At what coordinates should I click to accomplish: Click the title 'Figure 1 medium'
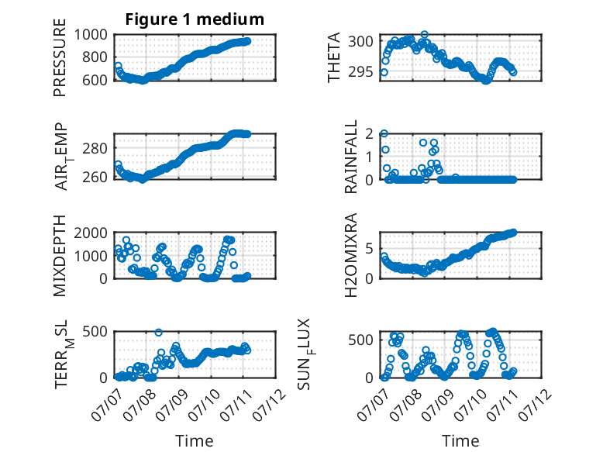pyautogui.click(x=195, y=19)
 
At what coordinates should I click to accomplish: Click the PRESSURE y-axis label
pyautogui.click(x=60, y=57)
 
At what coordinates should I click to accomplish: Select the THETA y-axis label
pyautogui.click(x=334, y=57)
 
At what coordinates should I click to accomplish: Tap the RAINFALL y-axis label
pyautogui.click(x=351, y=157)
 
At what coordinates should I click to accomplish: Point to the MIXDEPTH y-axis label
pyautogui.click(x=60, y=255)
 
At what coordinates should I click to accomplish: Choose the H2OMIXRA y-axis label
pyautogui.click(x=351, y=255)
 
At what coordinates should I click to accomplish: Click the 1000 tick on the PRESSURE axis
pyautogui.click(x=91, y=35)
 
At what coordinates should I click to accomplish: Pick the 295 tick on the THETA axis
pyautogui.click(x=360, y=71)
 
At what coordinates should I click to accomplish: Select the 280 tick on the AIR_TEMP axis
pyautogui.click(x=95, y=148)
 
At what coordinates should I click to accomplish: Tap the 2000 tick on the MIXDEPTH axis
pyautogui.click(x=91, y=233)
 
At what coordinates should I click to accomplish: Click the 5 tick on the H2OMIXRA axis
pyautogui.click(x=369, y=249)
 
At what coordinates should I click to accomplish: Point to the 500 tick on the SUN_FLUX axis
pyautogui.click(x=360, y=340)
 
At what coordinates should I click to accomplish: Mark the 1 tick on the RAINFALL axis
pyautogui.click(x=369, y=157)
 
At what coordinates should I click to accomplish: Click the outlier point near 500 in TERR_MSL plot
pyautogui.click(x=158, y=333)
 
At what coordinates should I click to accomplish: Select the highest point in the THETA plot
pyautogui.click(x=424, y=35)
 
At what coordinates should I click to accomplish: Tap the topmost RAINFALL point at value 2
pyautogui.click(x=384, y=133)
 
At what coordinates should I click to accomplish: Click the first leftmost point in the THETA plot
pyautogui.click(x=384, y=72)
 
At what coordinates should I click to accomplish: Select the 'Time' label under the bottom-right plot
pyautogui.click(x=460, y=441)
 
